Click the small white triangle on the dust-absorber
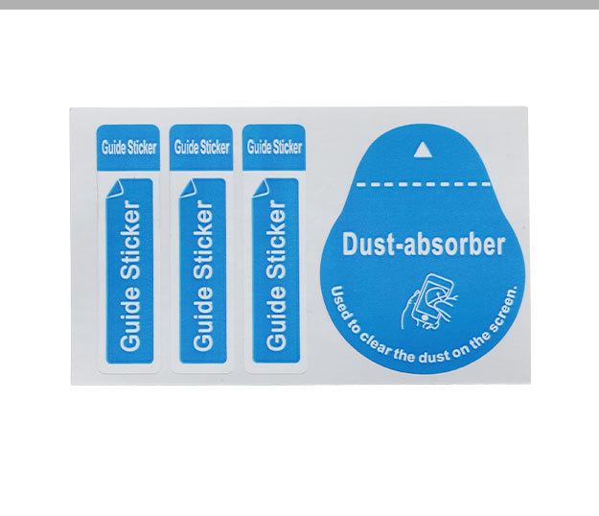(x=422, y=149)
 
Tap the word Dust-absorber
(x=423, y=245)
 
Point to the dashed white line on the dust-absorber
(x=423, y=182)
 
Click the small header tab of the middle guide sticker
(x=200, y=147)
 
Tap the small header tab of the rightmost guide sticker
(x=274, y=147)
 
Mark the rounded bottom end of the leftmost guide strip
(x=127, y=361)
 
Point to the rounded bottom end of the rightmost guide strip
(x=275, y=361)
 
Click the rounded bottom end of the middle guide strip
(x=201, y=361)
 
